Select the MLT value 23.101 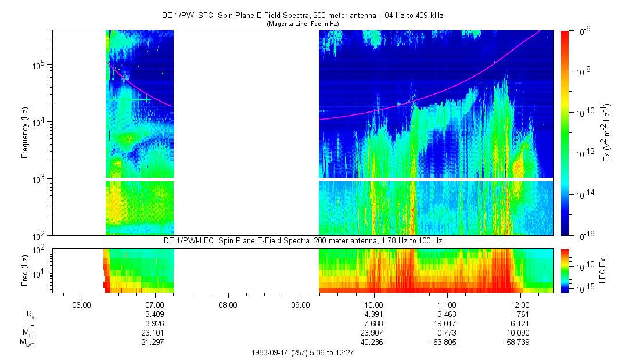[x=154, y=333]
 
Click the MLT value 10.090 [x=520, y=333]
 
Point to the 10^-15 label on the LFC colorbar [x=584, y=289]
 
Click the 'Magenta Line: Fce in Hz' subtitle [x=303, y=24]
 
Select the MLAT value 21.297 [x=154, y=342]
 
